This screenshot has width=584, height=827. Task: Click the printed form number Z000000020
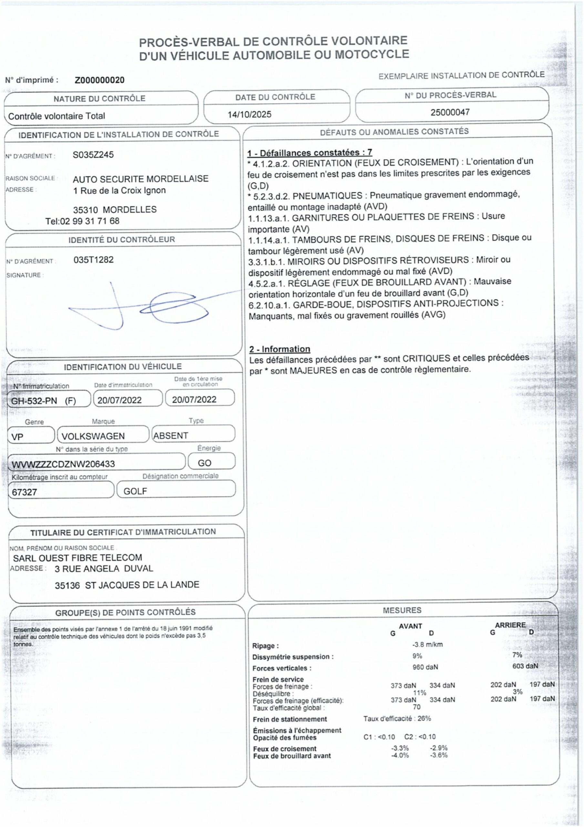coord(99,80)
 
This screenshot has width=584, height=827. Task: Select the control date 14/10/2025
coord(249,115)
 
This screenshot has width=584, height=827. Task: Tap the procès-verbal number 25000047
coord(450,112)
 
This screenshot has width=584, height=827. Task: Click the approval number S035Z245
coord(93,154)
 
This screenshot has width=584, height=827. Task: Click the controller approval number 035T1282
coord(93,259)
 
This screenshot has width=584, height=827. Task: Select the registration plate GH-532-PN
coord(34,401)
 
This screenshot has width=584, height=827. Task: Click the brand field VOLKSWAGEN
coord(93,436)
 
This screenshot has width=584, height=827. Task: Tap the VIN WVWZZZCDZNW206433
coord(63,464)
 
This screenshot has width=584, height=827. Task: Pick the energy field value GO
coord(204,463)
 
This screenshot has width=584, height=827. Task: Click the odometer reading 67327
coord(25,492)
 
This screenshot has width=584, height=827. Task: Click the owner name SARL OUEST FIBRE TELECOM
coord(77,558)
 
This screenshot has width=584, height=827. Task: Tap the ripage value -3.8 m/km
coord(427,644)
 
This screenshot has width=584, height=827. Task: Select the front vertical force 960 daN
coord(425,667)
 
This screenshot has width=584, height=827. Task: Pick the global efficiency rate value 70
coord(416,707)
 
